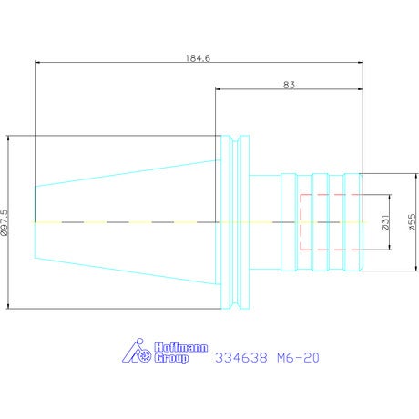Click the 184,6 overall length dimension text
[x=198, y=58]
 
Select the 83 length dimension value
[x=289, y=85]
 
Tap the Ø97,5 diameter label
[x=5, y=222]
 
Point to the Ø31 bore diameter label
[x=385, y=222]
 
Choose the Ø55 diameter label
[x=412, y=222]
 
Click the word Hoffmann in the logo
[x=181, y=348]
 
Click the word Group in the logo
[x=171, y=359]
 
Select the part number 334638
[x=241, y=358]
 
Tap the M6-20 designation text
[x=298, y=358]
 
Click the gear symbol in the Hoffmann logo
[x=146, y=355]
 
